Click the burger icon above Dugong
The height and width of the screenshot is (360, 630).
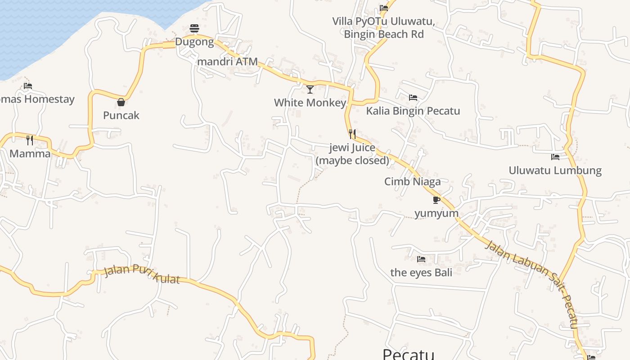tap(194, 28)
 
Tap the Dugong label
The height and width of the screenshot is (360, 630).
tap(194, 42)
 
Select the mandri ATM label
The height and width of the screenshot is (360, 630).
tap(228, 62)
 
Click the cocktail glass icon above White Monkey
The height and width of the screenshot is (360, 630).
tap(310, 89)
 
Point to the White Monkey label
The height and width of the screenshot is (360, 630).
tap(310, 103)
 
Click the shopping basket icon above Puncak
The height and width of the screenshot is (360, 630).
tap(121, 102)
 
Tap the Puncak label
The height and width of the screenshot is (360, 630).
tap(121, 115)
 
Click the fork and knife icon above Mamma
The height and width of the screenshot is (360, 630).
tap(30, 140)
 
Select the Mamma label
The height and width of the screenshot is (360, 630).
tap(30, 153)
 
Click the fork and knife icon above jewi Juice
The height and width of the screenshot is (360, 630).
tap(352, 134)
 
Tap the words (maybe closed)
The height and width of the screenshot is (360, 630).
tap(352, 160)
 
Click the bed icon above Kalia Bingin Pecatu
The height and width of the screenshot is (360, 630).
tap(413, 97)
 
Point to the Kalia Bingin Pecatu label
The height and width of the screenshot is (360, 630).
tap(413, 111)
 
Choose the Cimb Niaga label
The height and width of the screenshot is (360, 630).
tap(412, 181)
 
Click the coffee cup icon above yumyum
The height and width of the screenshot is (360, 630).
tap(436, 199)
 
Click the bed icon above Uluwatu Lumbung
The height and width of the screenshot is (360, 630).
tap(555, 157)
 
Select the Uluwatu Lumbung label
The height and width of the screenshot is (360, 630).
tap(555, 170)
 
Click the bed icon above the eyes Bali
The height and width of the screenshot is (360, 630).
tap(421, 259)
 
